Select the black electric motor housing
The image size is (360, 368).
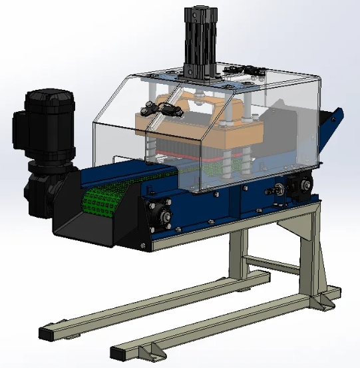click(x=50, y=120)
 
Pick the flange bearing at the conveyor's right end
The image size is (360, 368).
click(x=303, y=186)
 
